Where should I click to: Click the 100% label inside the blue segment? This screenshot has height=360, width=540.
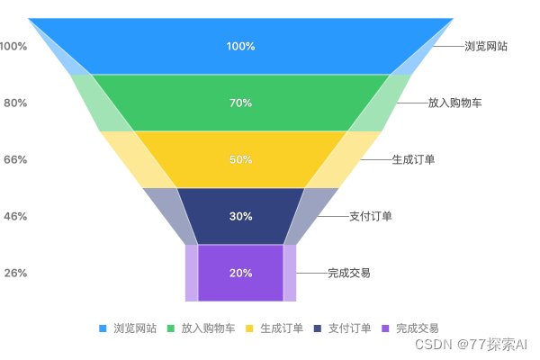[x=240, y=46]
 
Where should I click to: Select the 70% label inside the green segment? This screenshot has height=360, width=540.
[x=240, y=103]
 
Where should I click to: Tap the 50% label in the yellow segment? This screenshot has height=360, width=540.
[x=240, y=159]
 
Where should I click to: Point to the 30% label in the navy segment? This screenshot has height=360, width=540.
[x=240, y=216]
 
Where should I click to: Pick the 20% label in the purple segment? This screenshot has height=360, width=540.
[x=240, y=273]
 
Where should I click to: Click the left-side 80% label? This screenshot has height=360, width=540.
[x=15, y=103]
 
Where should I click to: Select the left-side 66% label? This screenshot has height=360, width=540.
[x=15, y=159]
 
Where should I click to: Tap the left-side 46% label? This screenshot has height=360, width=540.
[x=15, y=216]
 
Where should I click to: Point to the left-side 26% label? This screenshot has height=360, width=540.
[x=15, y=273]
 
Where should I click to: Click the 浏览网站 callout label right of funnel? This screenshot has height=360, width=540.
[x=485, y=46]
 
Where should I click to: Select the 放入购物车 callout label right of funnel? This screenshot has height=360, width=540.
[x=454, y=103]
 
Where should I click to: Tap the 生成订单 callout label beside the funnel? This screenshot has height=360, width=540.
[x=413, y=159]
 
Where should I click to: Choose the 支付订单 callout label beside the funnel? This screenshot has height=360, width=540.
[x=370, y=216]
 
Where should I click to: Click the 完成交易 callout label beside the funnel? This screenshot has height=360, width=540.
[x=349, y=273]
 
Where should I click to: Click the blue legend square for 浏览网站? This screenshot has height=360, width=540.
[x=103, y=328]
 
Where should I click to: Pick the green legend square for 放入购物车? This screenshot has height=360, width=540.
[x=171, y=328]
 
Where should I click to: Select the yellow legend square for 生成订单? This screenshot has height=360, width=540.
[x=249, y=328]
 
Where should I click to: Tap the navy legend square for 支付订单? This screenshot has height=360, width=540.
[x=318, y=328]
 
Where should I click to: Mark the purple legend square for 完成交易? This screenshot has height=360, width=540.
[x=386, y=328]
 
